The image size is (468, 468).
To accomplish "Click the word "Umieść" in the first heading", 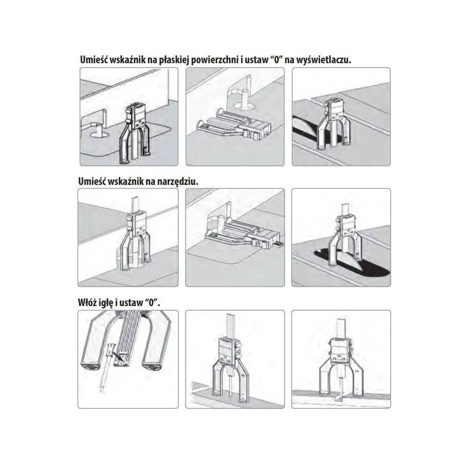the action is coord(94,60).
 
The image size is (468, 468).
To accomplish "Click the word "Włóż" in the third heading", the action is coord(88,302).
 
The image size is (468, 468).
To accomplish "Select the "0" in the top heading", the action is coord(276,60).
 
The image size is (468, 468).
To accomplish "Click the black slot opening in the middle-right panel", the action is coord(352,263).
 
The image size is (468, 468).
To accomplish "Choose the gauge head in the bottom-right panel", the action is coord(340,349).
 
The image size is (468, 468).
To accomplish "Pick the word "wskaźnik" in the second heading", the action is coord(125,182).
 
